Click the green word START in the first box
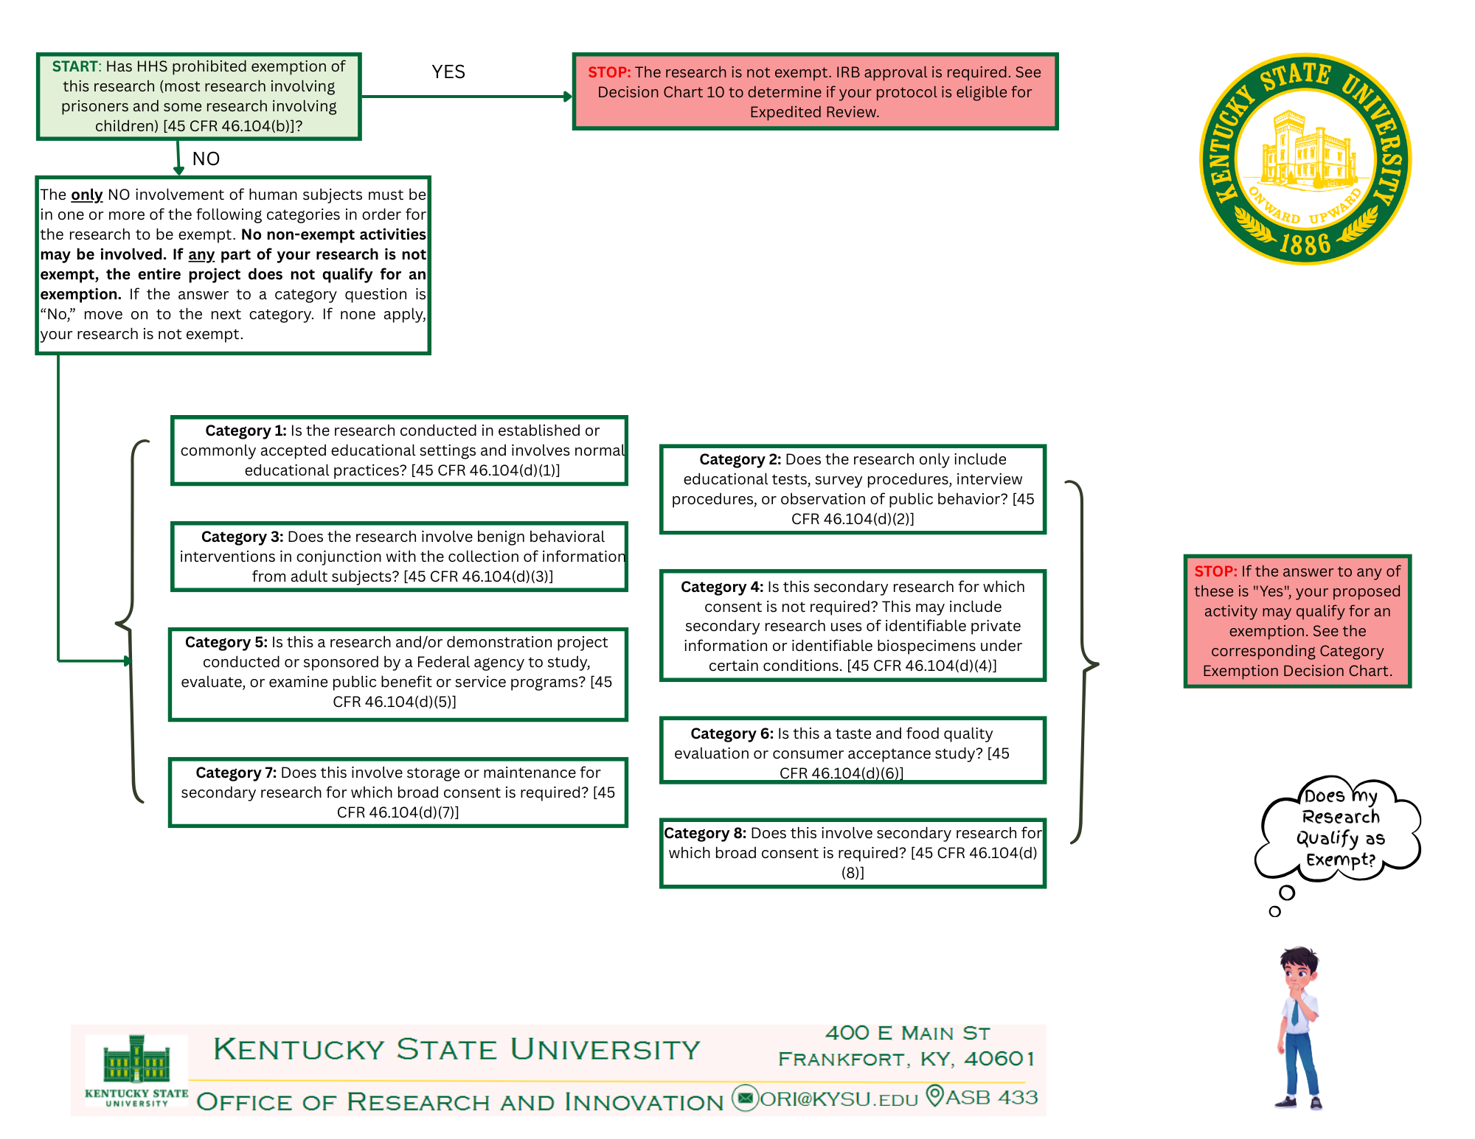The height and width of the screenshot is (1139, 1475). (x=74, y=66)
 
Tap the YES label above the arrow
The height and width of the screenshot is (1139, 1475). (x=448, y=72)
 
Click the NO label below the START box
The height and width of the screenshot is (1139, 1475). (x=206, y=159)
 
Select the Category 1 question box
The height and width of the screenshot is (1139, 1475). (x=399, y=450)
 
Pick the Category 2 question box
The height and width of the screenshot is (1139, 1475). (x=853, y=489)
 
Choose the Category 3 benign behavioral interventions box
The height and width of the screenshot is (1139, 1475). (x=399, y=557)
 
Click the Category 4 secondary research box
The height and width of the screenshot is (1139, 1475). (x=853, y=626)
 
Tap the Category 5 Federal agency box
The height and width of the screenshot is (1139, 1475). (x=398, y=672)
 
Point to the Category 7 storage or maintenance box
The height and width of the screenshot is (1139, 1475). (x=398, y=793)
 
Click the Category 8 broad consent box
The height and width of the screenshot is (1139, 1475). (x=853, y=853)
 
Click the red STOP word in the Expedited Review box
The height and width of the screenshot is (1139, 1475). (x=608, y=72)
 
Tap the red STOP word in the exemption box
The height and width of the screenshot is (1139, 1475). (x=1215, y=571)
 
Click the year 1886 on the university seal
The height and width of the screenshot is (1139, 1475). (x=1305, y=243)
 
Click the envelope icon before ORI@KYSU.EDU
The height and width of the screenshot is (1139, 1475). (x=745, y=1098)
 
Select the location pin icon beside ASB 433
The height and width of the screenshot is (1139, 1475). (x=934, y=1096)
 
